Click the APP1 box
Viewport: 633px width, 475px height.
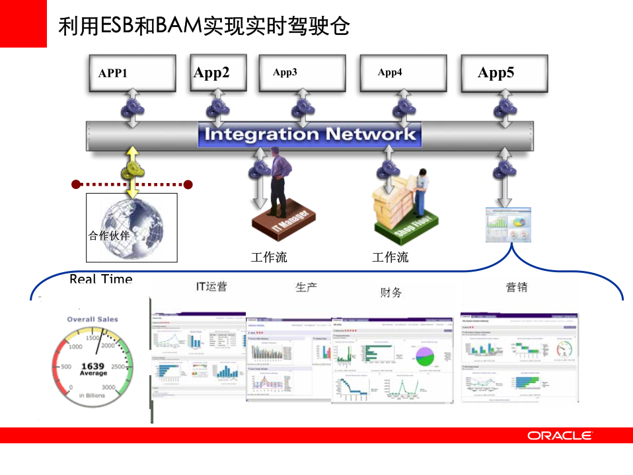[132, 73]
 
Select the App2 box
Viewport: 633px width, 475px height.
[217, 72]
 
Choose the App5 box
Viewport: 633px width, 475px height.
[503, 73]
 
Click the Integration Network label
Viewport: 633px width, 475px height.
[310, 135]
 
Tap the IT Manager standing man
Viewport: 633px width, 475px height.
[281, 178]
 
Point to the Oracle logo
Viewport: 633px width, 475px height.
[560, 435]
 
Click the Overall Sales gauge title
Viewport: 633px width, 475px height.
[93, 319]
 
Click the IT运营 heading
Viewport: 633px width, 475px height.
[211, 286]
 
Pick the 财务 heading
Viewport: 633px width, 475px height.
[391, 292]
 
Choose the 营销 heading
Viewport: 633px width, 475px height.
[516, 287]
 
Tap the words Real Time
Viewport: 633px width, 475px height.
[100, 279]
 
